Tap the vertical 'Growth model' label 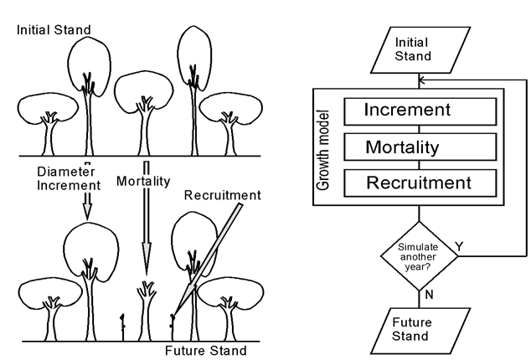[x=324, y=148]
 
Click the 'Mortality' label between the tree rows [x=143, y=180]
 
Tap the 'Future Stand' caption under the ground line [x=206, y=349]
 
